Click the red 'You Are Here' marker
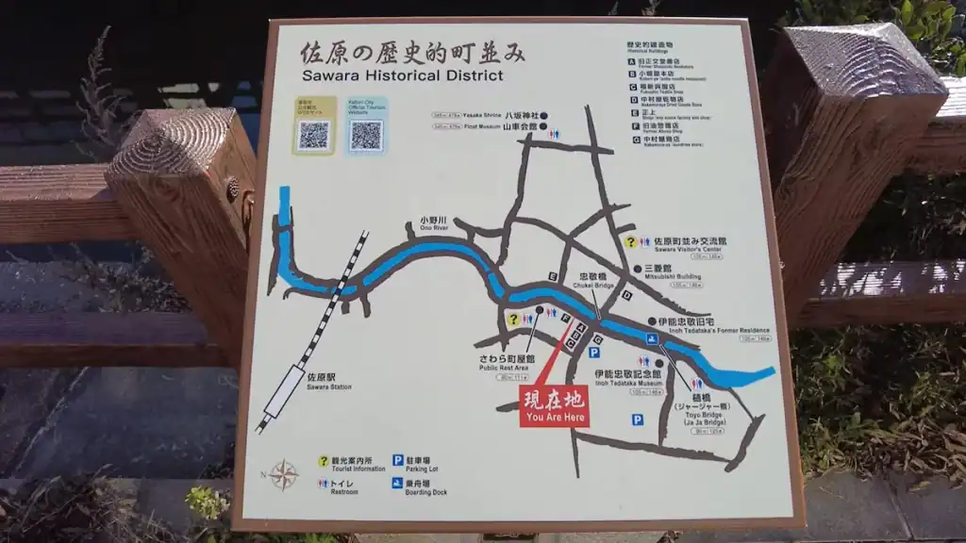[x=554, y=406]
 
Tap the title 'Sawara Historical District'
[x=403, y=75]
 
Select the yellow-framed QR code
[x=313, y=135]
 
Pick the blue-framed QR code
[x=366, y=135]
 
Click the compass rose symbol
[x=283, y=474]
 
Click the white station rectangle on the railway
[x=284, y=392]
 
